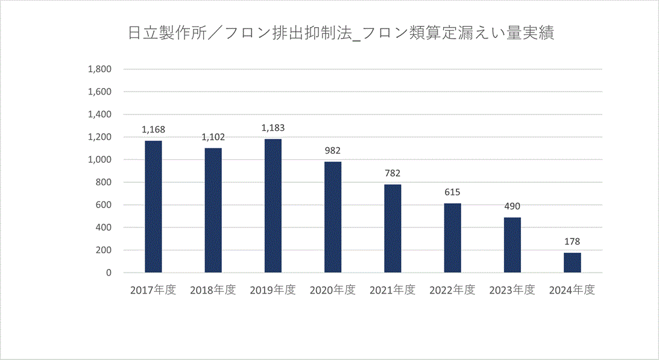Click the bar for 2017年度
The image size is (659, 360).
click(x=153, y=206)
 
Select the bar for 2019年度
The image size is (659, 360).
click(x=273, y=206)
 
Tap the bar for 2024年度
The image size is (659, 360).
click(x=572, y=262)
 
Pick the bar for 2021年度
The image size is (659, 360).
click(x=393, y=229)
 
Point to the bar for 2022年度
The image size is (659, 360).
click(x=452, y=238)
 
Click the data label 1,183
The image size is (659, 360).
click(x=273, y=128)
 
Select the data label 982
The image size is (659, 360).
click(x=333, y=150)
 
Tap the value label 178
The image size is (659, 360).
click(x=572, y=242)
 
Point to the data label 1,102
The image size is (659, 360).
click(x=213, y=137)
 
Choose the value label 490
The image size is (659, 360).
click(x=512, y=206)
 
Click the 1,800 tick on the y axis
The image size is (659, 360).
click(x=100, y=69)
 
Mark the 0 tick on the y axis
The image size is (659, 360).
click(x=109, y=273)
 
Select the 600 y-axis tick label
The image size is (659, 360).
click(x=104, y=205)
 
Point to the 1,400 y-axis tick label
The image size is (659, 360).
click(x=100, y=115)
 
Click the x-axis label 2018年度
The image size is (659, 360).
click(x=213, y=290)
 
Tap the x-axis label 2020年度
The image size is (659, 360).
click(x=333, y=290)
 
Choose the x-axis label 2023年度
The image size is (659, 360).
click(x=512, y=290)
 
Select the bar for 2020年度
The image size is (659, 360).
click(x=333, y=217)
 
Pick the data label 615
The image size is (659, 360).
click(x=452, y=192)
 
